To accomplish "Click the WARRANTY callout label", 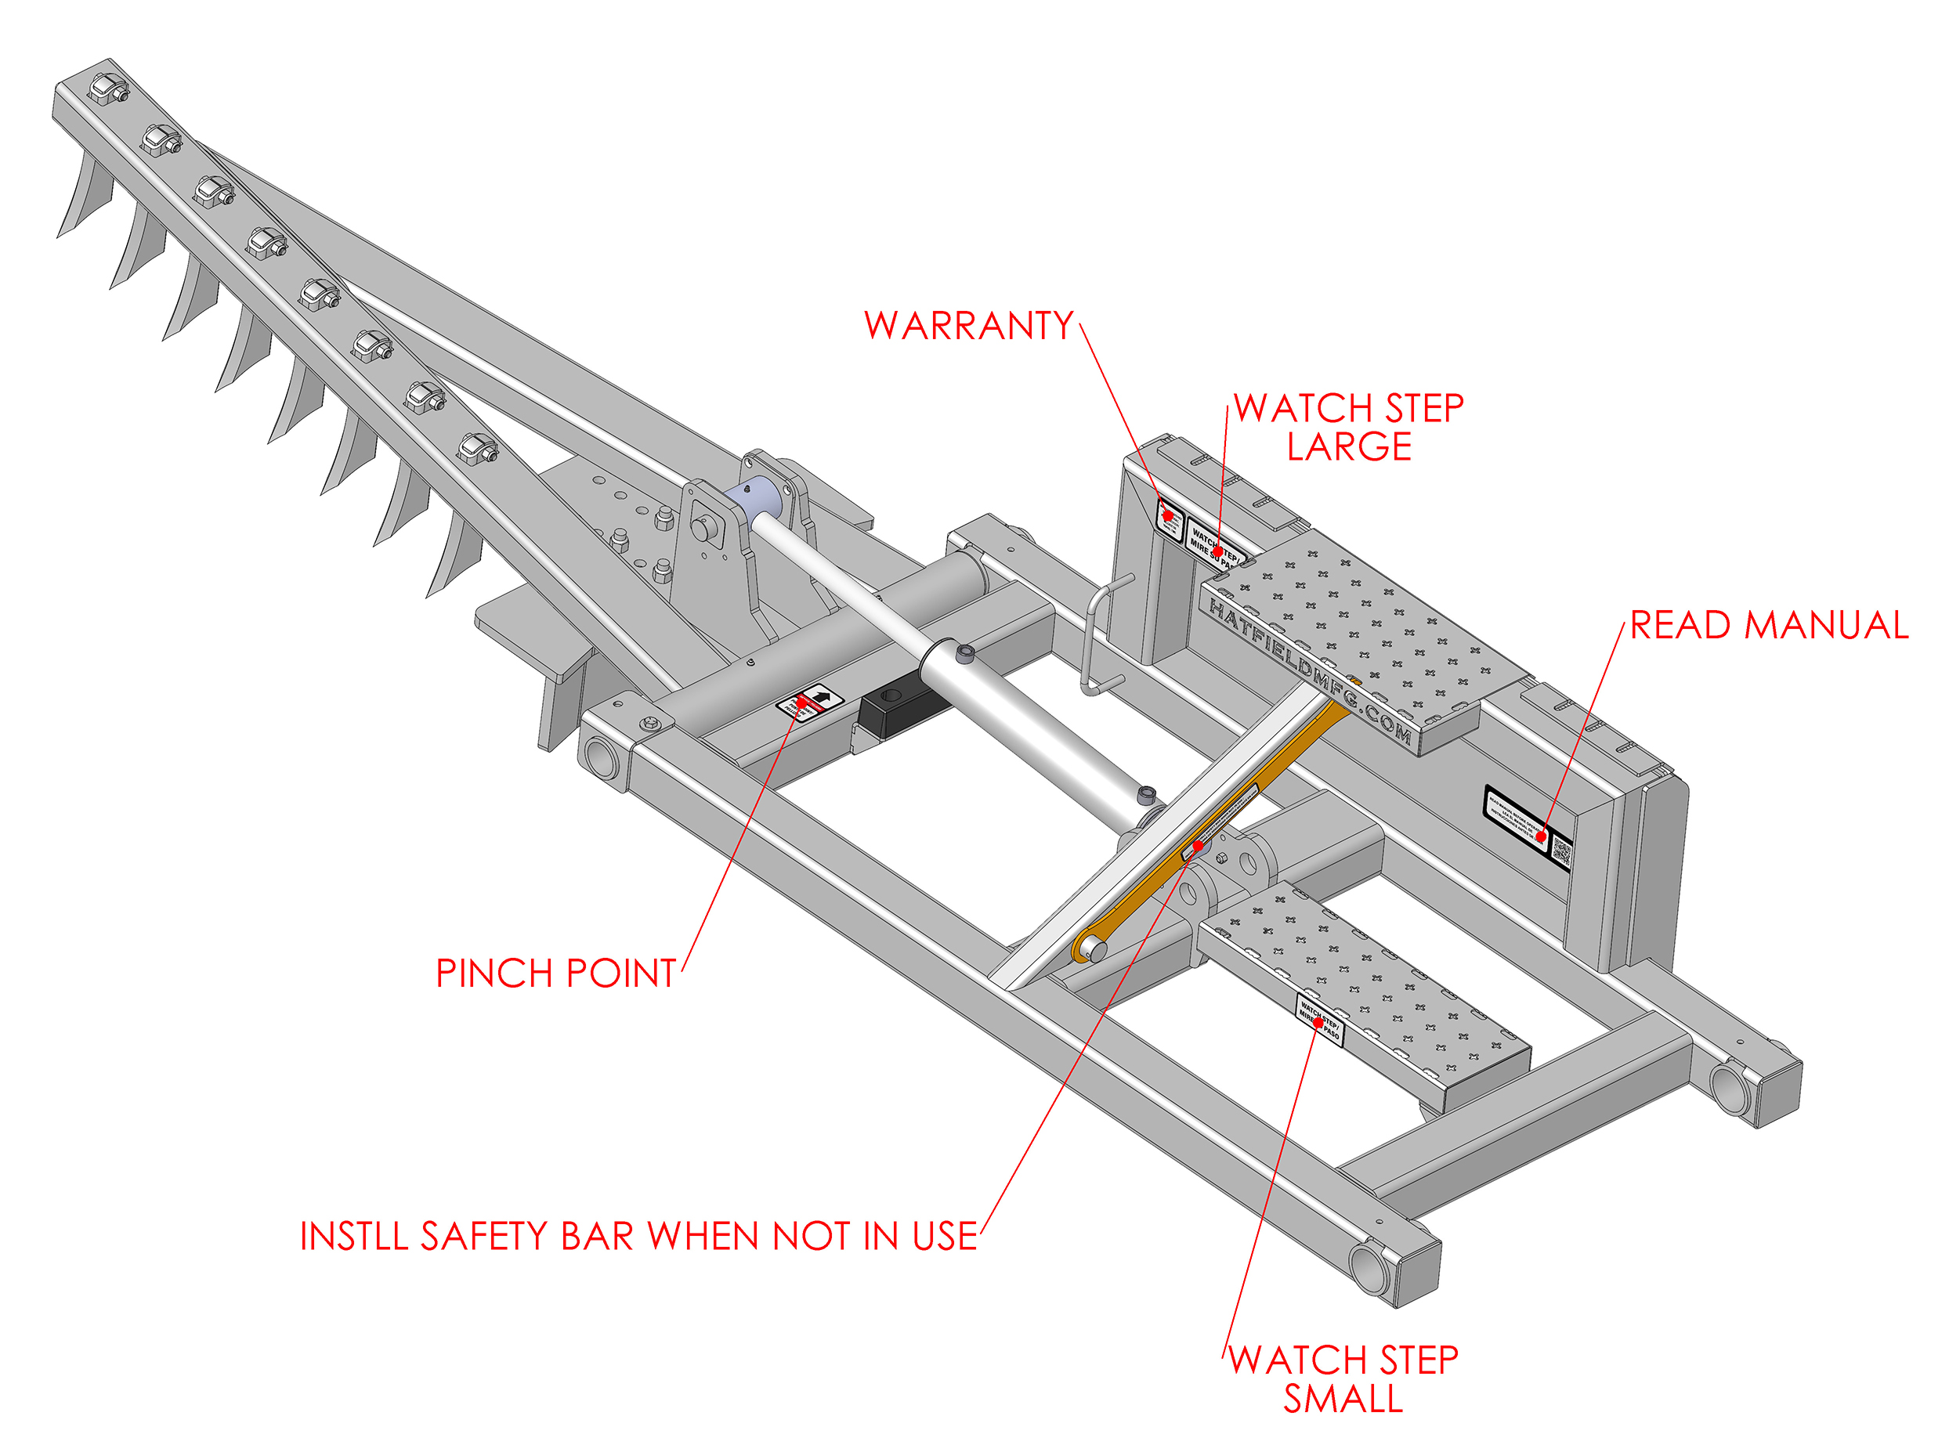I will tap(968, 327).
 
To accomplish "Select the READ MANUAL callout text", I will tap(1768, 626).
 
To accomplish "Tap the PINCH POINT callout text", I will tap(555, 974).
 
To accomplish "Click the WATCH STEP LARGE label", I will tap(1348, 427).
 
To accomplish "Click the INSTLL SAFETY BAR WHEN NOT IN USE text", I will tap(638, 1237).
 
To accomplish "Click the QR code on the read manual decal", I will tap(1560, 853).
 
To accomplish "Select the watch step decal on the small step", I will tap(1318, 1019).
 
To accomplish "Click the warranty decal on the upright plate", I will tap(1170, 517).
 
